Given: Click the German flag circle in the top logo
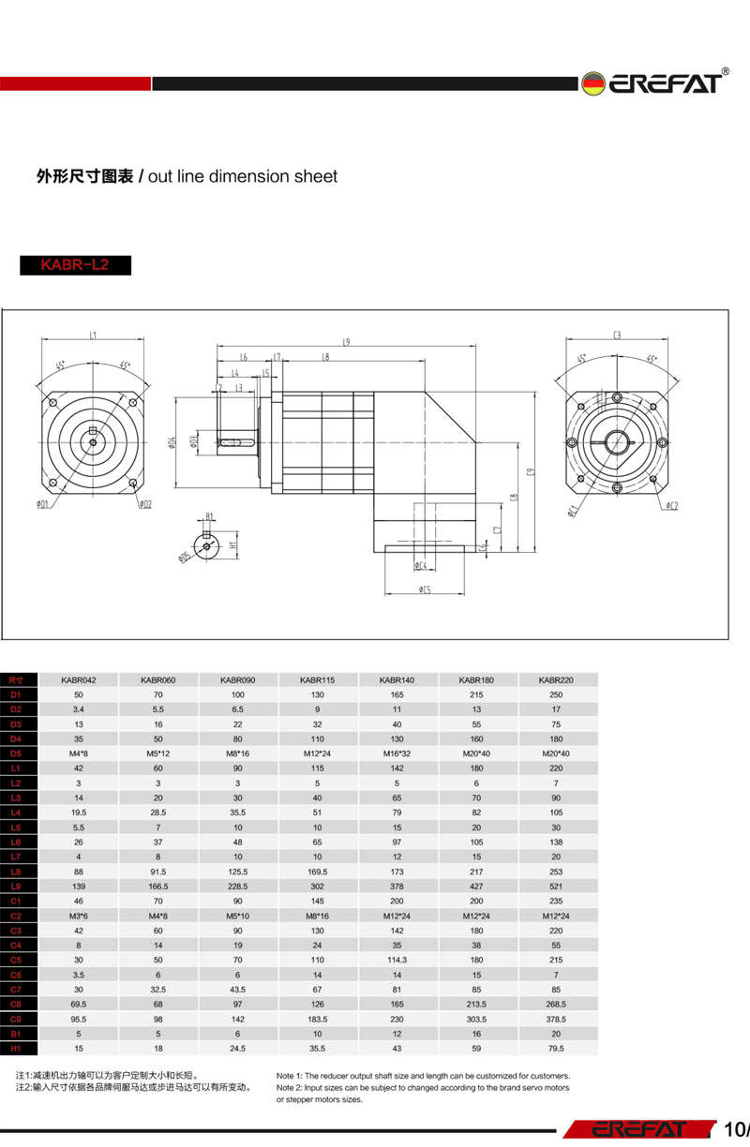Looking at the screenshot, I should point(592,83).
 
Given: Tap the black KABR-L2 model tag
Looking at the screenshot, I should point(75,265).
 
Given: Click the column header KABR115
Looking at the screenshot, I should point(318,679).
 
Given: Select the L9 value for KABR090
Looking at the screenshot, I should point(238,886).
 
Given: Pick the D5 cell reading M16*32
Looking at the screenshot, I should point(397,753).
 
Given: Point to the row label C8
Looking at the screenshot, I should point(16,1004).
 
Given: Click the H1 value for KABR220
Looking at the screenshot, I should point(557,1048).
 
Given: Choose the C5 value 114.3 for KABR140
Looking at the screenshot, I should point(397,960).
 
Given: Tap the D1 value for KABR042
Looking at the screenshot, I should point(79,694).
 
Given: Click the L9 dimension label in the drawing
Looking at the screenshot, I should point(346,342).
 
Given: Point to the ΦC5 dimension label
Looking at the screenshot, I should point(425,589).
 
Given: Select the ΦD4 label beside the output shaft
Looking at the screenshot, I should point(172,440).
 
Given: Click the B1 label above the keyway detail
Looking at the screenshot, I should point(210,516).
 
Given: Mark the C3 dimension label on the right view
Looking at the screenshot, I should point(618,335).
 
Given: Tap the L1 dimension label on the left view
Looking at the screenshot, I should point(94,335).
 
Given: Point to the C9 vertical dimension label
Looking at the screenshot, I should point(530,471).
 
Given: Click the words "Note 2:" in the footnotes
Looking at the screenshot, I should point(292,1088).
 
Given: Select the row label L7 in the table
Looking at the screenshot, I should point(16,857).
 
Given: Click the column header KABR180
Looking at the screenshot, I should point(476,679).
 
